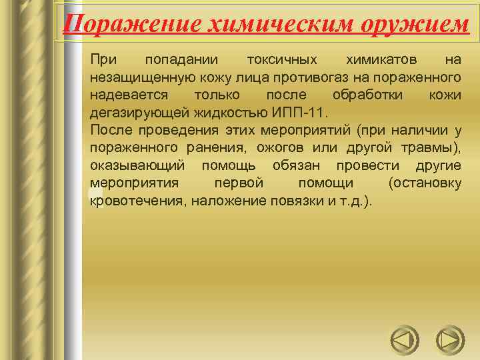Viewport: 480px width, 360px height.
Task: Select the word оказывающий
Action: pos(137,164)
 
